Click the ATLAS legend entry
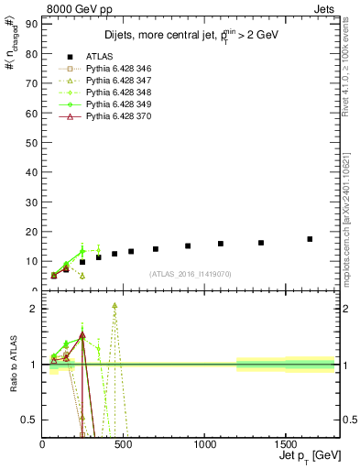[100, 56]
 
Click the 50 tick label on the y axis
[33, 142]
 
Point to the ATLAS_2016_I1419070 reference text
[191, 274]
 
